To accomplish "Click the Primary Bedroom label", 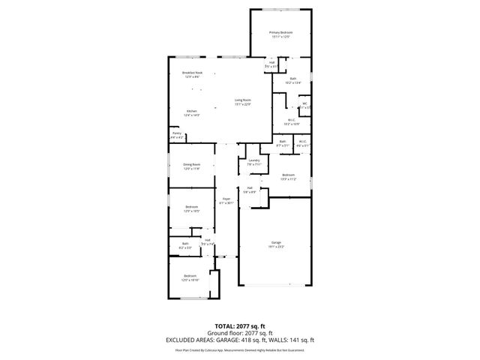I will pos(281,33).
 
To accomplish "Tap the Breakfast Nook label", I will pos(192,73).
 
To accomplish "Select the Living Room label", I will pos(242,100).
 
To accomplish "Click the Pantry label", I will pos(176,133).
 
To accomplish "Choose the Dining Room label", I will pos(192,165).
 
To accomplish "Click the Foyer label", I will pos(226,199).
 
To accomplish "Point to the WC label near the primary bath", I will pos(304,104).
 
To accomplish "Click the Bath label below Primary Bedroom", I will pos(293,78).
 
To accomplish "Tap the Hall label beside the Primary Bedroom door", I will pos(271,63).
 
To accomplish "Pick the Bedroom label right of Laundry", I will pos(288,175).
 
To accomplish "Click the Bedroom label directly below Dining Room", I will pos(192,207).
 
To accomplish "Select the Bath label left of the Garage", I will pos(185,243).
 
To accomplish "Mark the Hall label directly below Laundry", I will pos(250,188).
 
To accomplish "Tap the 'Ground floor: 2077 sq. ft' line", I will pos(239,333).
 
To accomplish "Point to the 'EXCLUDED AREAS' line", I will pos(239,339).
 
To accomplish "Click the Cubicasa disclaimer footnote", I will pos(239,349).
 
